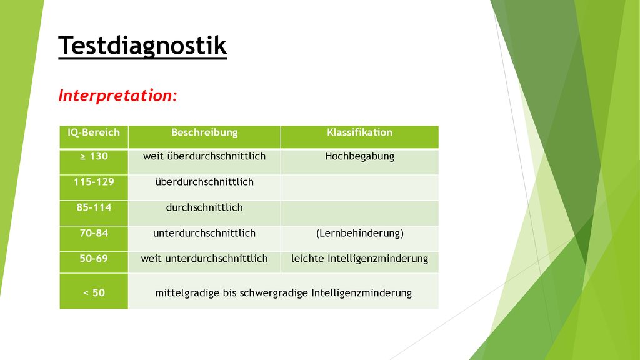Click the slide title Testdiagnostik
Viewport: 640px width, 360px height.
tap(142, 46)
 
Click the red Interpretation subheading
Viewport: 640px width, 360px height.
tap(117, 96)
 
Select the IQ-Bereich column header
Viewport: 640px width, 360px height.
tap(94, 132)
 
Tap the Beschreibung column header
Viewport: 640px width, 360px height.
tap(204, 132)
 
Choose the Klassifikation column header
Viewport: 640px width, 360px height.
tap(359, 132)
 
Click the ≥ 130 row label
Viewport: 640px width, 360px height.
tap(94, 156)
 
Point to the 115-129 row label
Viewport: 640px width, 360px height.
tap(94, 182)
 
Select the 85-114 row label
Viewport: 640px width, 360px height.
tap(94, 207)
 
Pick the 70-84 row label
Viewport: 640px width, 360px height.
tap(94, 234)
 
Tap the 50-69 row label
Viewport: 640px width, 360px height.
tap(94, 259)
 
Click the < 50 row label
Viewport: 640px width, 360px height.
tap(94, 293)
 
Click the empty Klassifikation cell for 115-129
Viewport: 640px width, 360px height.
tap(359, 187)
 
